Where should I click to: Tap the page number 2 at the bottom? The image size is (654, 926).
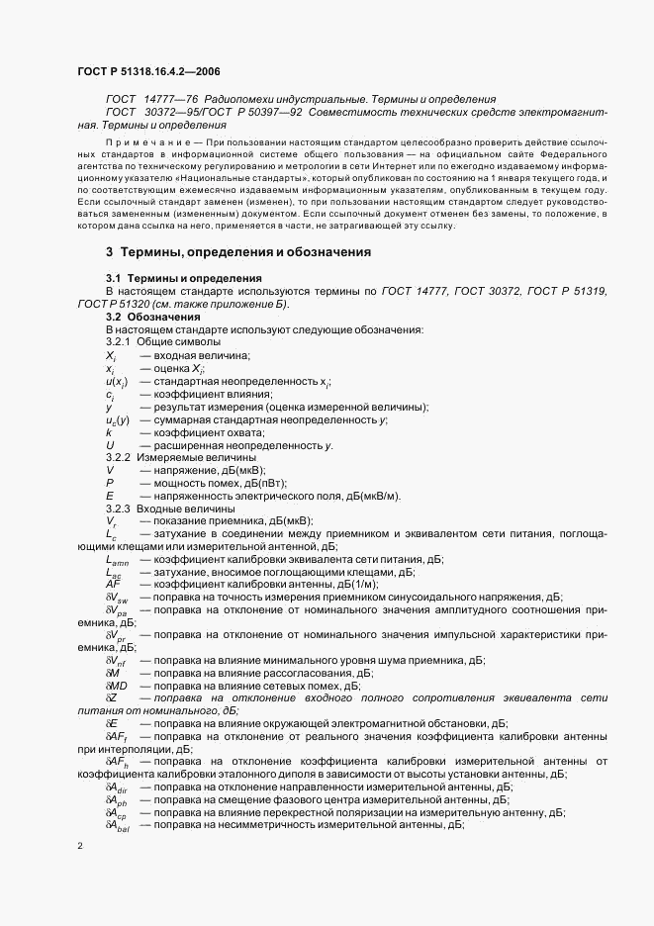coord(80,847)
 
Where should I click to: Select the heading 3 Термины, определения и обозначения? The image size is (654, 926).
coord(238,251)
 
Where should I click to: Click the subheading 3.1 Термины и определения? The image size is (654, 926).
coord(183,279)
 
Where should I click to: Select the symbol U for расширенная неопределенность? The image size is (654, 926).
coord(110,445)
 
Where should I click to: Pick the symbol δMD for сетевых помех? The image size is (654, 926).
coord(116,686)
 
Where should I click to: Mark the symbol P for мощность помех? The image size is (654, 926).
coord(109,483)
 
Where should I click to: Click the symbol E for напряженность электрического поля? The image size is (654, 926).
coord(109,496)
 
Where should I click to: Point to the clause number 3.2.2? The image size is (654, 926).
coord(118,458)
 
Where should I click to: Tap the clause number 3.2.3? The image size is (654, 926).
coord(118,509)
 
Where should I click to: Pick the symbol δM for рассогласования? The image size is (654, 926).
coord(112,673)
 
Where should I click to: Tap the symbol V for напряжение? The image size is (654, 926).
coord(109,470)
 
